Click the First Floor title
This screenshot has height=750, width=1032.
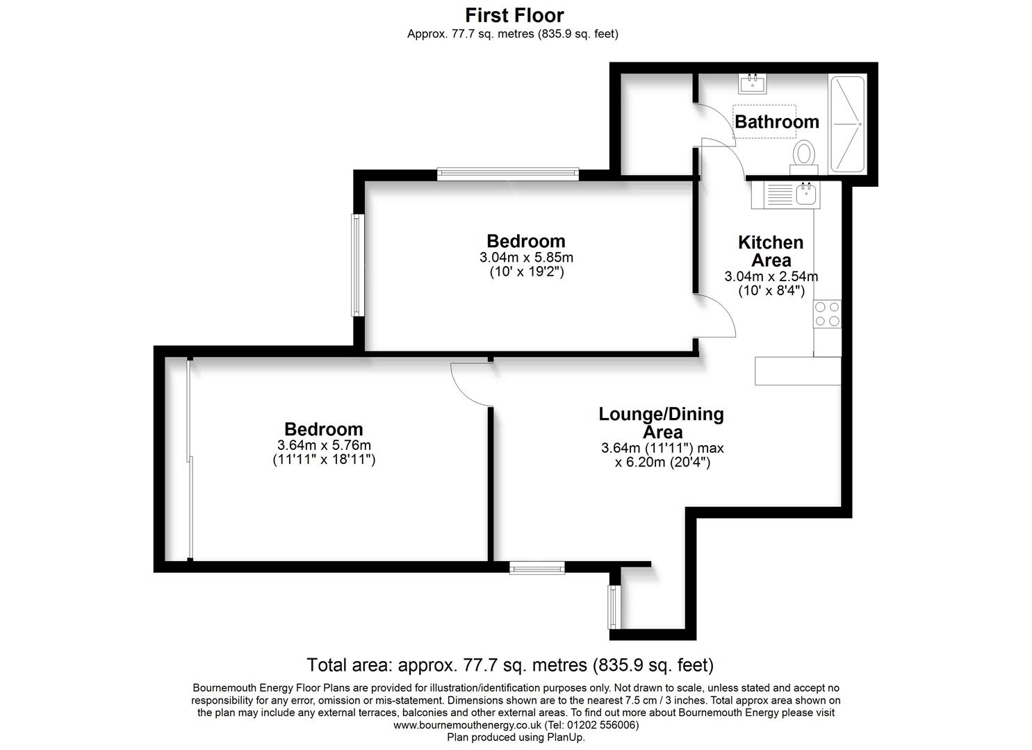click(x=514, y=16)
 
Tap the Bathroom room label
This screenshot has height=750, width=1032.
click(x=777, y=122)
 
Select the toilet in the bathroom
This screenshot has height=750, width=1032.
click(x=805, y=157)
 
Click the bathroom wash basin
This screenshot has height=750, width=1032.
click(x=753, y=84)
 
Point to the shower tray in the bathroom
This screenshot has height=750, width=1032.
click(x=847, y=124)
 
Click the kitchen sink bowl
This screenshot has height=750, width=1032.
click(x=806, y=194)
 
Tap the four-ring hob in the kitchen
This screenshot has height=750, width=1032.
click(x=827, y=314)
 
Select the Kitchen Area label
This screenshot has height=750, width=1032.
click(x=771, y=251)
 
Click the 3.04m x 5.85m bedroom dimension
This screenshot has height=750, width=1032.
click(x=526, y=258)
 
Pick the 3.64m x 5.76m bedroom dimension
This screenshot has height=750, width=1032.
click(x=324, y=445)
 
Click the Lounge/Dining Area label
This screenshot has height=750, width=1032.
click(x=661, y=423)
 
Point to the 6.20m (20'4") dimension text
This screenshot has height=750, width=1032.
click(x=662, y=462)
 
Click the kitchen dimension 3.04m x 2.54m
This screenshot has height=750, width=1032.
click(x=771, y=276)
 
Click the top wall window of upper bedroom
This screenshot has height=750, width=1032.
click(x=508, y=174)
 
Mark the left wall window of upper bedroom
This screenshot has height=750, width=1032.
click(x=357, y=265)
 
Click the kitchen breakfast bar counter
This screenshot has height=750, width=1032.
click(x=798, y=371)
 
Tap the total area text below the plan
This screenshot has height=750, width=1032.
click(x=510, y=665)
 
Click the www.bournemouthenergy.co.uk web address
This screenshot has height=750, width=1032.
click(x=467, y=725)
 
